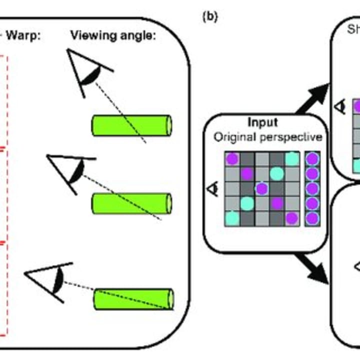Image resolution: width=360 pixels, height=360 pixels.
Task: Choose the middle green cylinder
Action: tap(131, 203)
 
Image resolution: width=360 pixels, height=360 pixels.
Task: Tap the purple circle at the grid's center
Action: tap(261, 188)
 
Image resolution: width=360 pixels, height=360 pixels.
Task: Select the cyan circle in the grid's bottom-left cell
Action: tap(231, 218)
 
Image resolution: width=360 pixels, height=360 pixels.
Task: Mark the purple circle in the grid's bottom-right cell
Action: tap(292, 218)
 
